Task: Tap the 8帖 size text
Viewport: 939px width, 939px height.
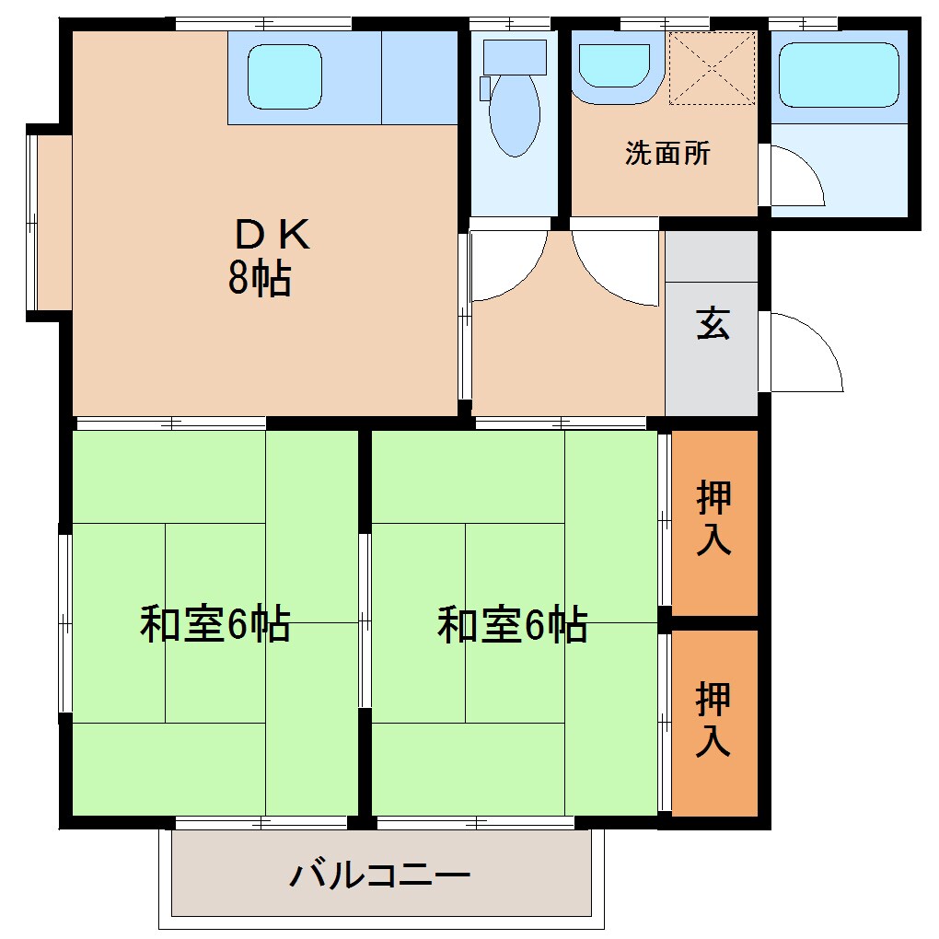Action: click(x=260, y=279)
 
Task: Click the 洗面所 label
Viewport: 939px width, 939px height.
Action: click(x=667, y=154)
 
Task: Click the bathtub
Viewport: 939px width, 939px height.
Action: click(x=838, y=75)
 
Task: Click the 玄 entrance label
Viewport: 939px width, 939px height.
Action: click(x=713, y=324)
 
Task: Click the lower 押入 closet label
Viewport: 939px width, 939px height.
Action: click(x=714, y=719)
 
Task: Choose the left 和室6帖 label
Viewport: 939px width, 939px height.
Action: click(x=214, y=625)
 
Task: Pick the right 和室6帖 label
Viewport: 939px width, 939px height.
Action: click(x=512, y=625)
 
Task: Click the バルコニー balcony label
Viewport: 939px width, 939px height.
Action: click(x=380, y=874)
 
